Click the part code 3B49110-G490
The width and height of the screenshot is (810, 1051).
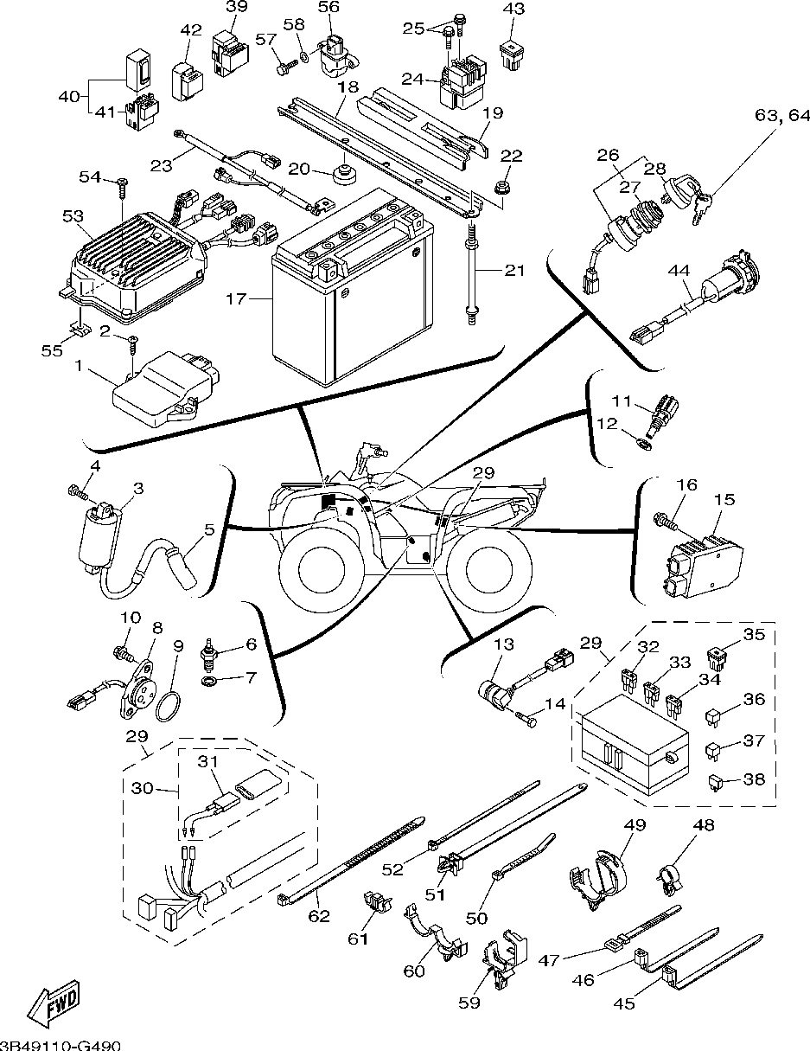click(60, 1044)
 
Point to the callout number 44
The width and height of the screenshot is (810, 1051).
click(678, 270)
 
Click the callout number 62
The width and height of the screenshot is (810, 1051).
click(320, 915)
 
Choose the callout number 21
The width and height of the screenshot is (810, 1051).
click(514, 271)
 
